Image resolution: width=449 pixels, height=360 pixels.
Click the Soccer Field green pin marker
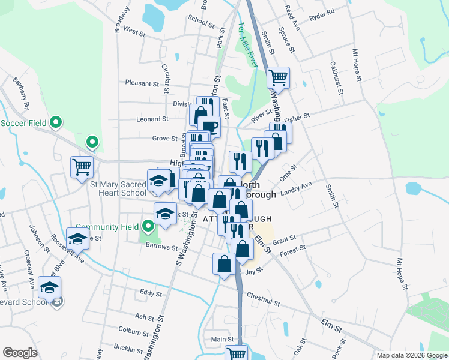coord(56,122)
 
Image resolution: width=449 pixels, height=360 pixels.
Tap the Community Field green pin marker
coord(149,226)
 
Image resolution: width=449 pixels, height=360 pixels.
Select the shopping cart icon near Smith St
coord(279,77)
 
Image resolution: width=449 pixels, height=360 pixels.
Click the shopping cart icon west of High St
coord(82,167)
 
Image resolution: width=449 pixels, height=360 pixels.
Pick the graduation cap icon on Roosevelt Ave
coord(77,239)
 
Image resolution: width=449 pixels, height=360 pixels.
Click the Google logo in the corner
coord(20,353)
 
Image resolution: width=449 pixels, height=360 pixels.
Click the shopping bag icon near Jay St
coord(224,264)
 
